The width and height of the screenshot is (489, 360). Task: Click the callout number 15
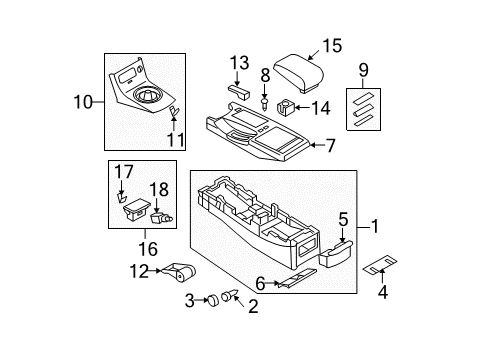coord(331,44)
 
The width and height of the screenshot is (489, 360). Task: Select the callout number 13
coord(238,62)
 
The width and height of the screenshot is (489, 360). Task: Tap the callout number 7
coord(332,145)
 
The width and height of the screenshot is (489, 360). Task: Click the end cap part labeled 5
coord(333,258)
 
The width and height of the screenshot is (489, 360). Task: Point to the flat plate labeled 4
coord(379,267)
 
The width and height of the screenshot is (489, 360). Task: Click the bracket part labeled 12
coord(180,270)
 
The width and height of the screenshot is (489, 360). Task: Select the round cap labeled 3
coord(213,299)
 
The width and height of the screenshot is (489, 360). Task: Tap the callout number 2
coord(253,307)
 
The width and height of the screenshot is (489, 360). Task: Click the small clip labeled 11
coord(174,112)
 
